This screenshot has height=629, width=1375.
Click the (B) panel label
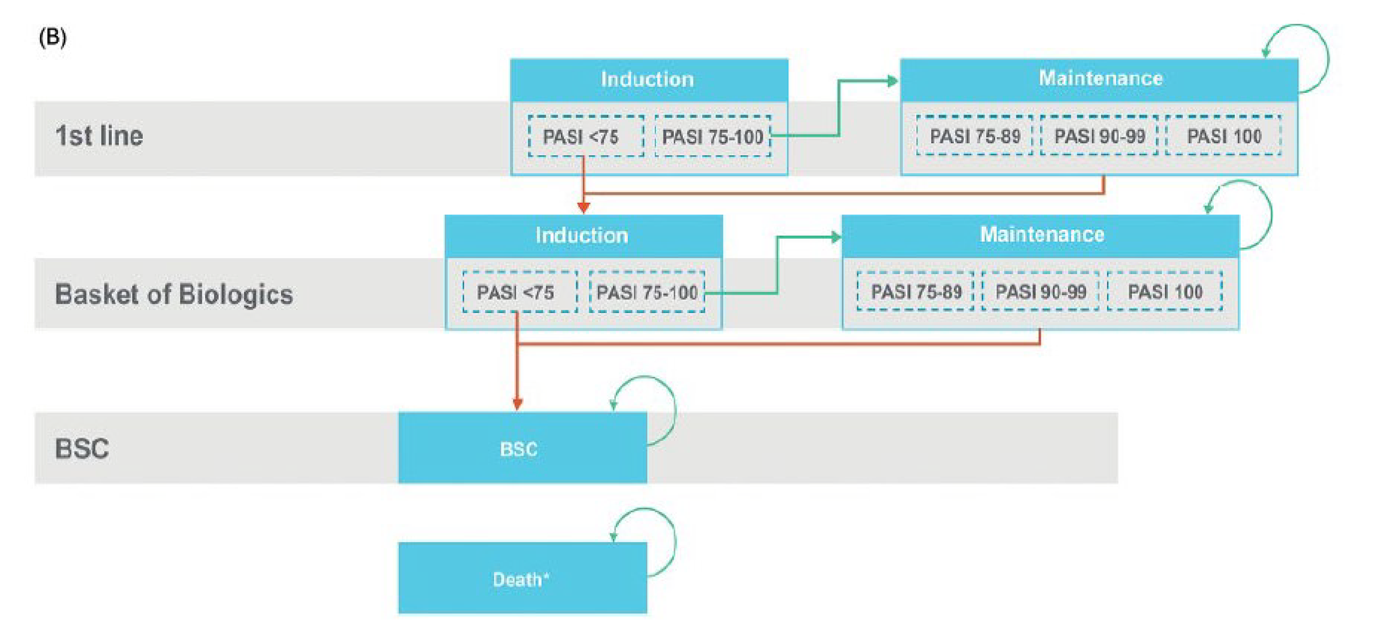coord(53,37)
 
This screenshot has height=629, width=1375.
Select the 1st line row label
coord(99,136)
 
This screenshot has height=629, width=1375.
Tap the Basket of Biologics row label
coord(173,295)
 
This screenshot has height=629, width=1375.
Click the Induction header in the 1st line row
coord(648,80)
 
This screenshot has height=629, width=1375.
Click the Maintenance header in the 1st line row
coord(1100,78)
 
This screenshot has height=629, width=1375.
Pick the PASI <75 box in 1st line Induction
coord(585,137)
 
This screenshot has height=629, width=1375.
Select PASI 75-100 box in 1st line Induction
coord(712,137)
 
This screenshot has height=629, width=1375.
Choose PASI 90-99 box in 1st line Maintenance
coord(1099,136)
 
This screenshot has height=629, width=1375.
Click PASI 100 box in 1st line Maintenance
coord(1223,136)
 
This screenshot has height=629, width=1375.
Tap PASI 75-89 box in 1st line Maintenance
coord(975,136)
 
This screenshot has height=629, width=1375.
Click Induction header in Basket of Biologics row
coord(582,235)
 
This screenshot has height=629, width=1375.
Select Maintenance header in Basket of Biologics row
coord(1041,235)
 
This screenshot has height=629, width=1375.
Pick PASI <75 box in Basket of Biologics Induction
coord(520,293)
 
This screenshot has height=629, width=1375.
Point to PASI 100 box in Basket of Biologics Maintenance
coord(1165,292)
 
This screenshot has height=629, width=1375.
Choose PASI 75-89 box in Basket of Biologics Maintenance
coord(915,292)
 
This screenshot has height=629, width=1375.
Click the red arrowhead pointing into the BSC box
coord(518,405)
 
